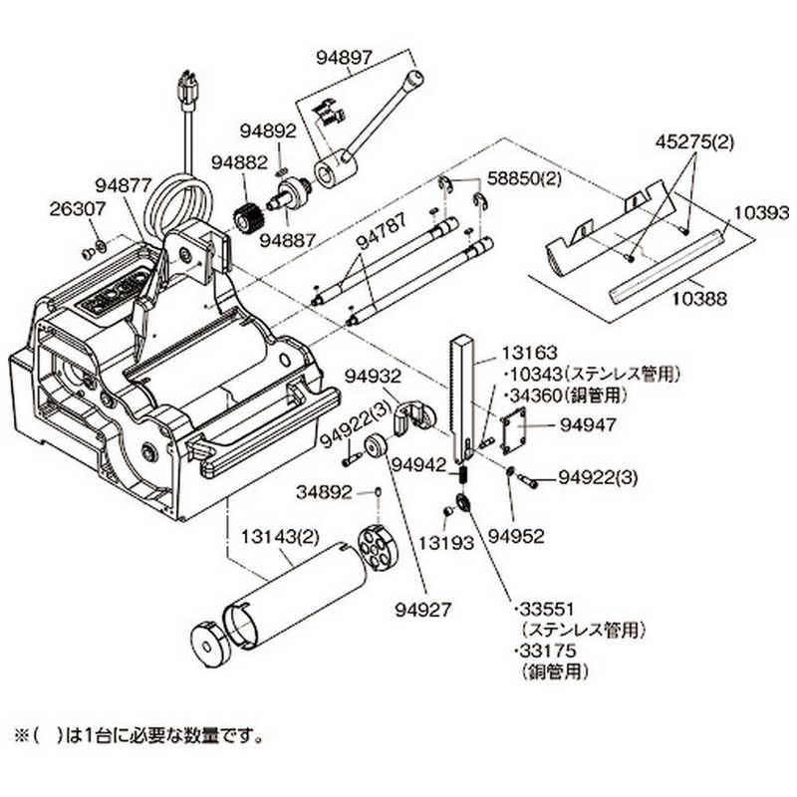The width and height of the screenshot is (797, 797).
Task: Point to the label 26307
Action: click(75, 209)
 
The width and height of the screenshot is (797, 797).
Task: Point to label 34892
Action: click(327, 491)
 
